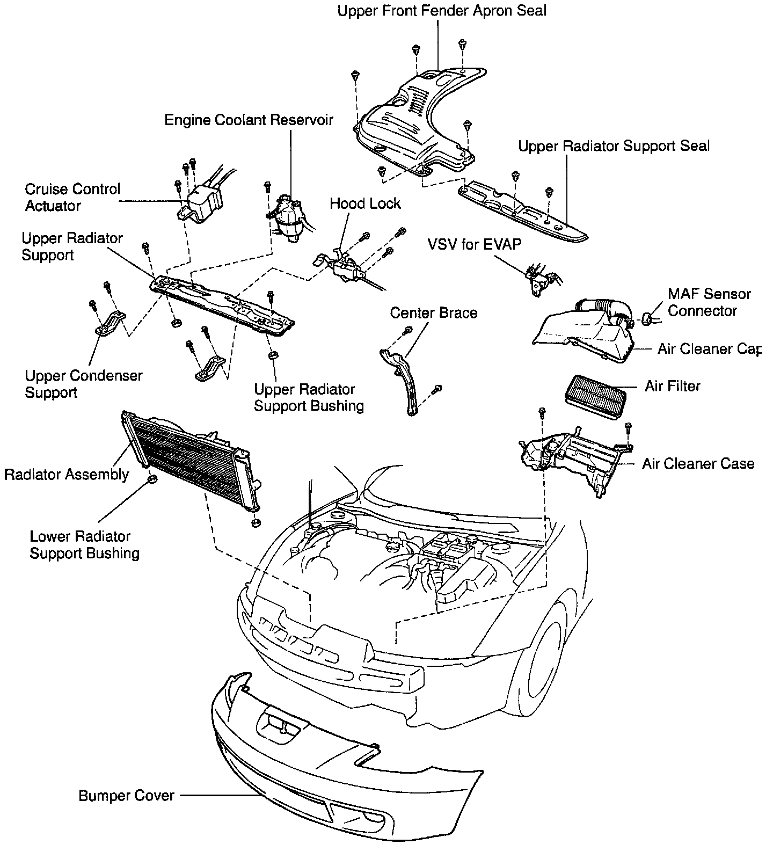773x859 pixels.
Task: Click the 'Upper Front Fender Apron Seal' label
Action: tap(442, 10)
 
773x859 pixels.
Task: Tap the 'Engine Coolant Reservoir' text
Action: tap(249, 119)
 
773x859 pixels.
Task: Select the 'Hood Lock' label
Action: tap(365, 203)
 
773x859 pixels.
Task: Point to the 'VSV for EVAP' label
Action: tap(474, 244)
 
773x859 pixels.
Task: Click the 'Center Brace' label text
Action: tap(434, 312)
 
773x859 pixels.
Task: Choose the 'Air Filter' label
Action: tap(672, 386)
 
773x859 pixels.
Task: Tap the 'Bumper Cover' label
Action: tap(126, 795)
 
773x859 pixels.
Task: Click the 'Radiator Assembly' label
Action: tap(67, 475)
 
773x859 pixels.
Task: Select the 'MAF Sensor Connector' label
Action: tap(709, 302)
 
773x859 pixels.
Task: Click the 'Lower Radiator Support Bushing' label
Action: tap(84, 544)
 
